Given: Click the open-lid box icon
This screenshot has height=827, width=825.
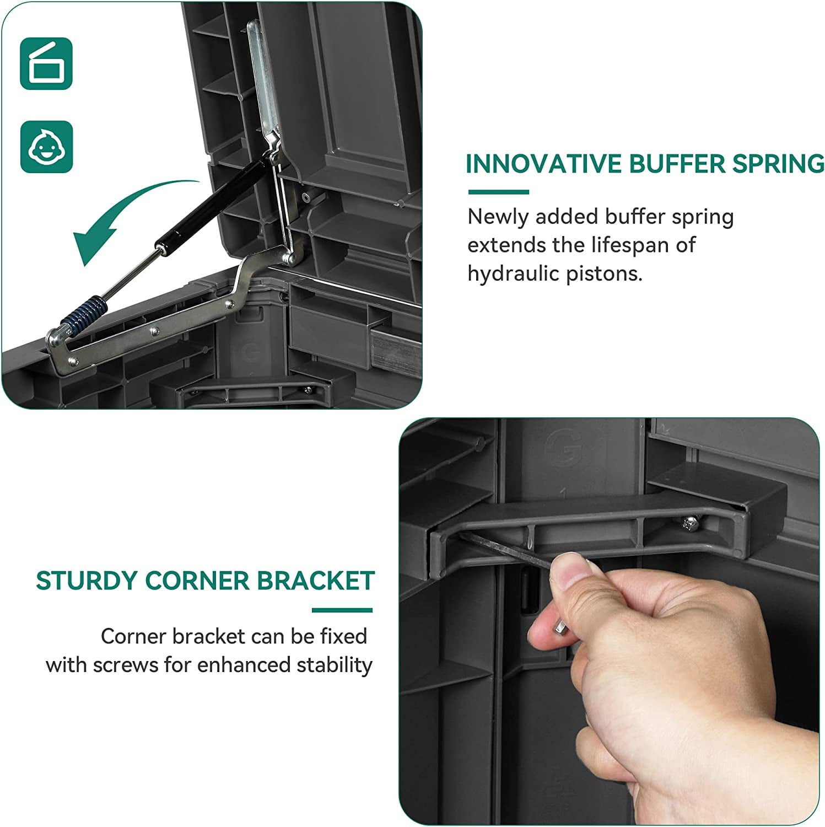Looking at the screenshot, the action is pyautogui.click(x=46, y=63).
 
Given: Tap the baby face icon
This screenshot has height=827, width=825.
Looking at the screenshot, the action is pyautogui.click(x=46, y=147).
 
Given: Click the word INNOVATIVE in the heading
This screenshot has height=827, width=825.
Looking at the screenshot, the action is pyautogui.click(x=543, y=164).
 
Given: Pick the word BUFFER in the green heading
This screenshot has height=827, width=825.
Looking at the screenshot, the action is pyautogui.click(x=677, y=164).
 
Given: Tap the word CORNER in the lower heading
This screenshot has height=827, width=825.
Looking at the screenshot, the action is pyautogui.click(x=197, y=581).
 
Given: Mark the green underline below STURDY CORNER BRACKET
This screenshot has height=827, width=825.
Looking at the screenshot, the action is pyautogui.click(x=342, y=610).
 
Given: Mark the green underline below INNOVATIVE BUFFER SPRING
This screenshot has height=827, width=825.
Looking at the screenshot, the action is pyautogui.click(x=499, y=192).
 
